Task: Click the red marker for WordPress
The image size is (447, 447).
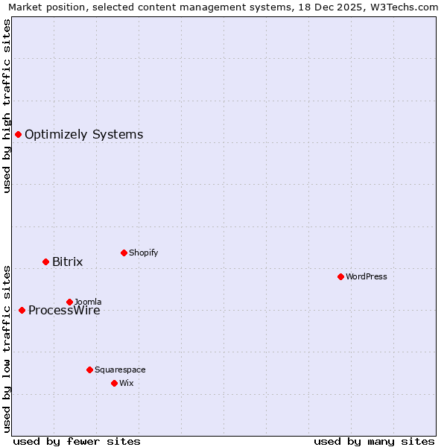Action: (x=340, y=276)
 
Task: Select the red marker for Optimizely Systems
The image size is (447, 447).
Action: (x=18, y=134)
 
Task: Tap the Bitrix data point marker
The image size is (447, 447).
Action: (x=45, y=261)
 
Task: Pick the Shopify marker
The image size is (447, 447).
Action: (x=124, y=253)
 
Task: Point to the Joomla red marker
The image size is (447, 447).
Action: (x=69, y=302)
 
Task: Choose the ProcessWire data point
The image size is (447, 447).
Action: (x=22, y=310)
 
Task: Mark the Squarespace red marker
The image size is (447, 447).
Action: (x=89, y=370)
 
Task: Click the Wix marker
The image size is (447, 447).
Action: (x=114, y=383)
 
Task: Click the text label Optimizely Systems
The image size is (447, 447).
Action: (x=83, y=135)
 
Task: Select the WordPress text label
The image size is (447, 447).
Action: (x=366, y=276)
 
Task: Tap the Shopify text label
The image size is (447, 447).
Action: (x=143, y=253)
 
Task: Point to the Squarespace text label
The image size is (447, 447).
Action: (x=120, y=370)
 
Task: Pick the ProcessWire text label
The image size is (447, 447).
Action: (x=64, y=311)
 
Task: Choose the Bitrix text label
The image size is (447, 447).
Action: (x=67, y=262)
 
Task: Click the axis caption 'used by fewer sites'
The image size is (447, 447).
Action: (x=77, y=442)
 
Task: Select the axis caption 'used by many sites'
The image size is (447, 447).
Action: (x=374, y=442)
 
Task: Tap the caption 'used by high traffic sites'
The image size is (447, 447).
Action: (x=7, y=106)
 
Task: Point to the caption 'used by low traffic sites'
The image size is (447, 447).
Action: (x=7, y=348)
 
